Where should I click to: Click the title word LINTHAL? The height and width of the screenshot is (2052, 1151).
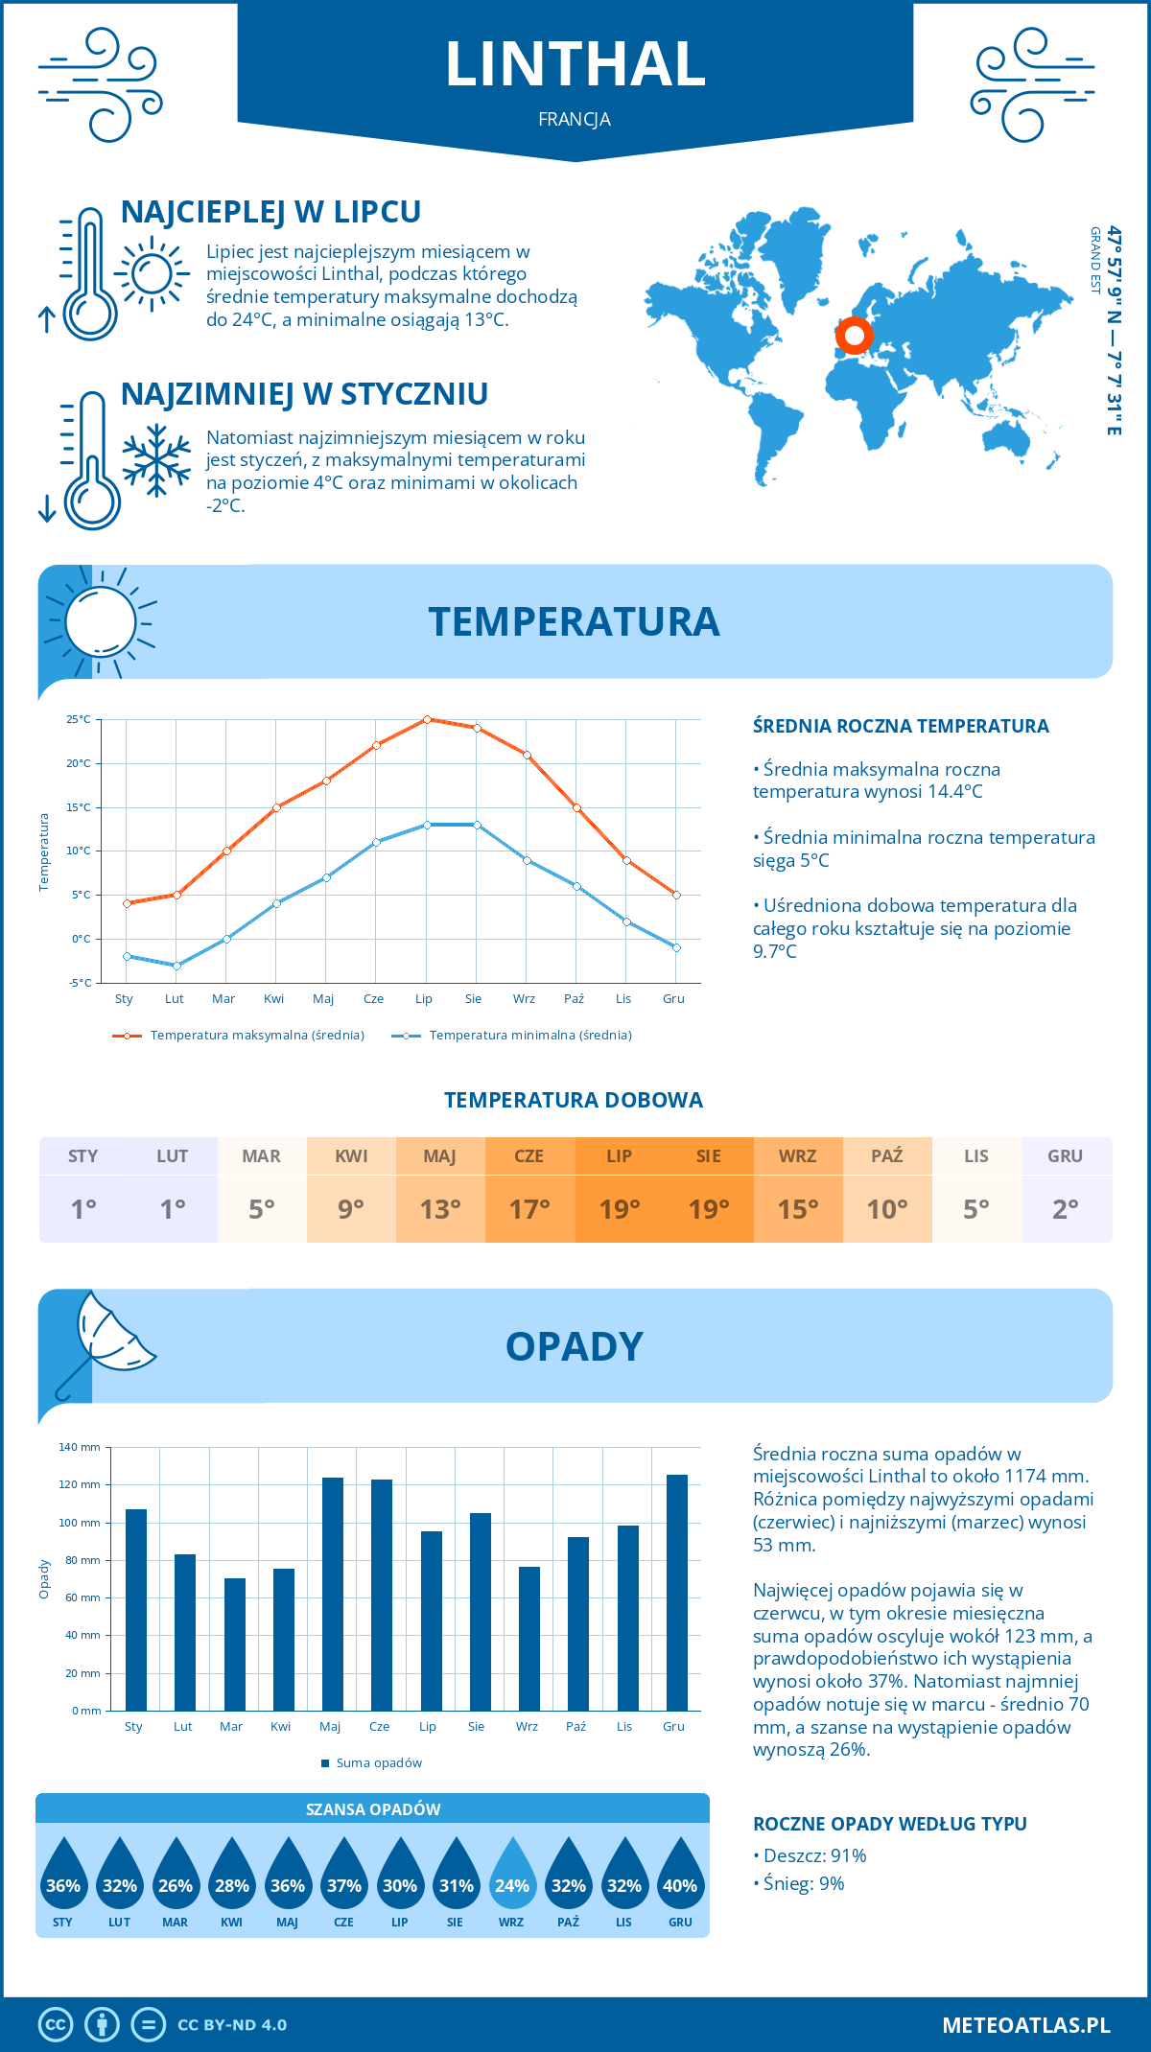575,65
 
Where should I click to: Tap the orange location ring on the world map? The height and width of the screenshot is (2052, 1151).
854,336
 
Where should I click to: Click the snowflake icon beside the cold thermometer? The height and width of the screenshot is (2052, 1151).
156,460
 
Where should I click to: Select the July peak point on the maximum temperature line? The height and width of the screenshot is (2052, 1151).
427,719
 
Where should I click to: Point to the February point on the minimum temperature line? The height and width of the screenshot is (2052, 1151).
176,966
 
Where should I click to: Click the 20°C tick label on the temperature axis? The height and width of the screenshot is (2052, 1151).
79,763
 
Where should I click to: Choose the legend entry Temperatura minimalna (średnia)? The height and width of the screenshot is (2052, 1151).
529,1036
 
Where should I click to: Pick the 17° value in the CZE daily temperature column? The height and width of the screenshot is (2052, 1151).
529,1209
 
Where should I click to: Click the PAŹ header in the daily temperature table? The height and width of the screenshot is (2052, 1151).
887,1156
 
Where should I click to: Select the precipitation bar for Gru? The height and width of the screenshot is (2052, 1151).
677,1593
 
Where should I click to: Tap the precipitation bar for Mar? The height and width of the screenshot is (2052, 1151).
235,1644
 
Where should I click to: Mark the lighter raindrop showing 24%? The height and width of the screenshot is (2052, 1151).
512,1876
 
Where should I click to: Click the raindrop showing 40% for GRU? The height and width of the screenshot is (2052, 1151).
680,1876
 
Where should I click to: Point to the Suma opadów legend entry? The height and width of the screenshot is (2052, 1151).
378,1763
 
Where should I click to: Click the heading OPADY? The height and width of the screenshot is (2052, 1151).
575,1347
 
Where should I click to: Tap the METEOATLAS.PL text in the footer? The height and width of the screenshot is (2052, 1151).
1026,2025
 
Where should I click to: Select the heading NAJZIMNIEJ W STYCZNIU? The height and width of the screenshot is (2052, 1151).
304,394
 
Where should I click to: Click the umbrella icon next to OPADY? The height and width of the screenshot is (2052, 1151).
106,1338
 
